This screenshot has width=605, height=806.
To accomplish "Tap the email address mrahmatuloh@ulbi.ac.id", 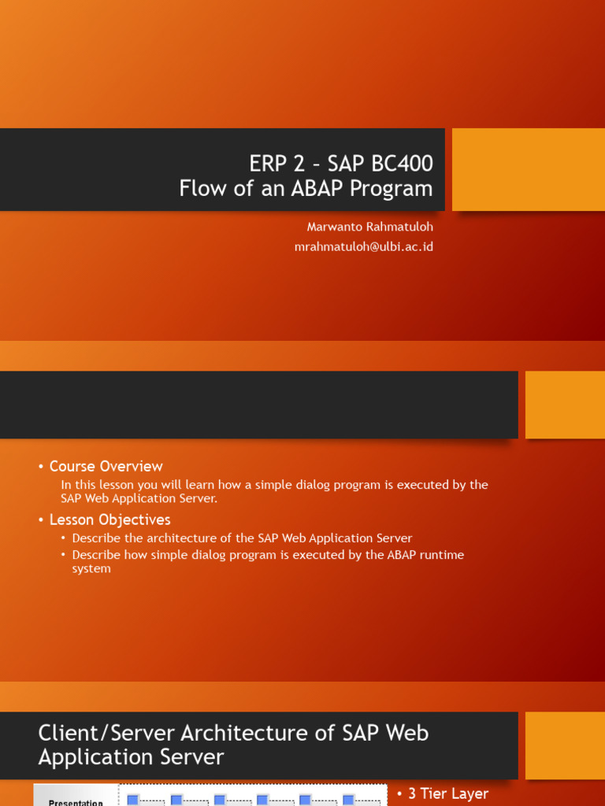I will [x=363, y=246].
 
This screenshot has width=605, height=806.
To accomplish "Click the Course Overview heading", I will [x=106, y=466].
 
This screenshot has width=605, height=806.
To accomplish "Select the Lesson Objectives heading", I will [x=109, y=519].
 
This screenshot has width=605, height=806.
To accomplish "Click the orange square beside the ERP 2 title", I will [x=528, y=169].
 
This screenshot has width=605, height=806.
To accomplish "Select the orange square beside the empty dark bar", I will [x=565, y=405].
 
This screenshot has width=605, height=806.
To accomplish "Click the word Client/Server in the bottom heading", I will [x=107, y=733].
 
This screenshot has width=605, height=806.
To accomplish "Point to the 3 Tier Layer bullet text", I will [x=447, y=793].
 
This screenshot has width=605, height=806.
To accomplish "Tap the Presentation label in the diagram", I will [x=76, y=802].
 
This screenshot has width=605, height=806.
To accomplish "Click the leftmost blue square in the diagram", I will [x=132, y=800].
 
